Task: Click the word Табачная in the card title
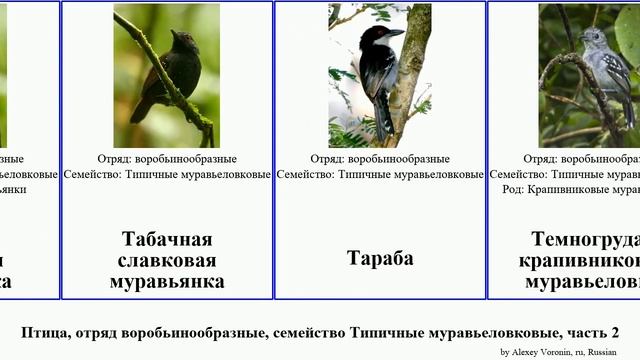click(167, 239)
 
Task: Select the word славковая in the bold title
click(167, 260)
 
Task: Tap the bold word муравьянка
click(167, 281)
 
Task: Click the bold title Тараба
click(380, 258)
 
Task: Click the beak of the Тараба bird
click(396, 33)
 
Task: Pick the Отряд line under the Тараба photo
click(380, 159)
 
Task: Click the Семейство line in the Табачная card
click(167, 174)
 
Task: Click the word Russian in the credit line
click(602, 352)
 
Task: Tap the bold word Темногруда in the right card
click(585, 239)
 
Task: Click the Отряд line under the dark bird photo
click(167, 159)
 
